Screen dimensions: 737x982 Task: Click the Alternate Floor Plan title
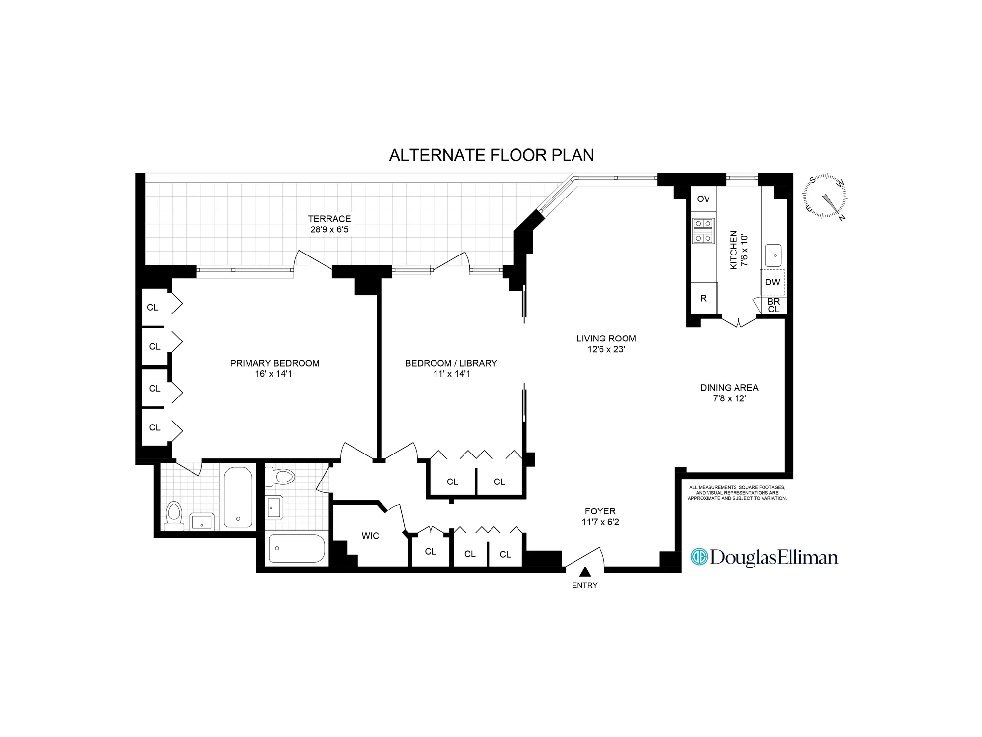coord(491,155)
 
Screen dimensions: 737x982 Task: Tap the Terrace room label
coord(329,219)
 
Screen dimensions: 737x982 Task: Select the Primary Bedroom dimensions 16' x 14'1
coord(273,374)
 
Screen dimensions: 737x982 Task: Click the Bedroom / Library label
coord(451,363)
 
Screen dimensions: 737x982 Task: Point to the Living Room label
coord(606,339)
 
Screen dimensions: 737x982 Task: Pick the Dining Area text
coord(729,388)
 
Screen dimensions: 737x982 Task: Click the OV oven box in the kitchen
coord(703,199)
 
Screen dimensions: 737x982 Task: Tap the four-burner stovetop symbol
coord(703,231)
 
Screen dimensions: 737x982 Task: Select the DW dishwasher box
coord(772,282)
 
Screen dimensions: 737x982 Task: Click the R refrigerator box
coord(703,298)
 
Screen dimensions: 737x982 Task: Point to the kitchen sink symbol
coord(773,255)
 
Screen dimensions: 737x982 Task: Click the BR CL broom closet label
coord(774,305)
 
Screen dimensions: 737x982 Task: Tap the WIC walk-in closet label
coord(370,536)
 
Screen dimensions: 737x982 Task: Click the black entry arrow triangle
coord(584,572)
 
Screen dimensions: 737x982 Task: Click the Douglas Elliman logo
coord(764,557)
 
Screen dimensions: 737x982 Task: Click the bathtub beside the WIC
coord(297,548)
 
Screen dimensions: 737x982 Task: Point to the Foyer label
coord(600,511)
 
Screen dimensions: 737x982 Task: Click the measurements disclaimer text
coord(736,493)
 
